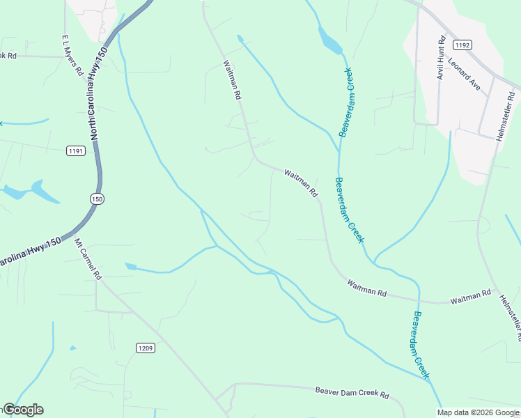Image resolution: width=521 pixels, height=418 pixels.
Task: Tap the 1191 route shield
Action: (76, 150)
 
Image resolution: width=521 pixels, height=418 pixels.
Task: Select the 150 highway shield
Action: (97, 199)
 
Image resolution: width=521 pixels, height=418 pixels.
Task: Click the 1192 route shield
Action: (463, 45)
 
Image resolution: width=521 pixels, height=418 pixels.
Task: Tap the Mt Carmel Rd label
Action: (88, 259)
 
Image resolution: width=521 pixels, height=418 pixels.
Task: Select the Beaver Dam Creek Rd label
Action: (352, 393)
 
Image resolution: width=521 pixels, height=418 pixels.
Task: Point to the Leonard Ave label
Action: (465, 75)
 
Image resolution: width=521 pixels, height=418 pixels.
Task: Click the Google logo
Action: (23, 410)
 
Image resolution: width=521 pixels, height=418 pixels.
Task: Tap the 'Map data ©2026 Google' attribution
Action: (478, 412)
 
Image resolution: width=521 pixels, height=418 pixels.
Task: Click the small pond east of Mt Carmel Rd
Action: (130, 266)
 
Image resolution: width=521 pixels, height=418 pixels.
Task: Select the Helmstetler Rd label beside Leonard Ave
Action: (506, 114)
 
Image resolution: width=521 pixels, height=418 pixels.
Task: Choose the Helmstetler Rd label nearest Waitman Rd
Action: (510, 317)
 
